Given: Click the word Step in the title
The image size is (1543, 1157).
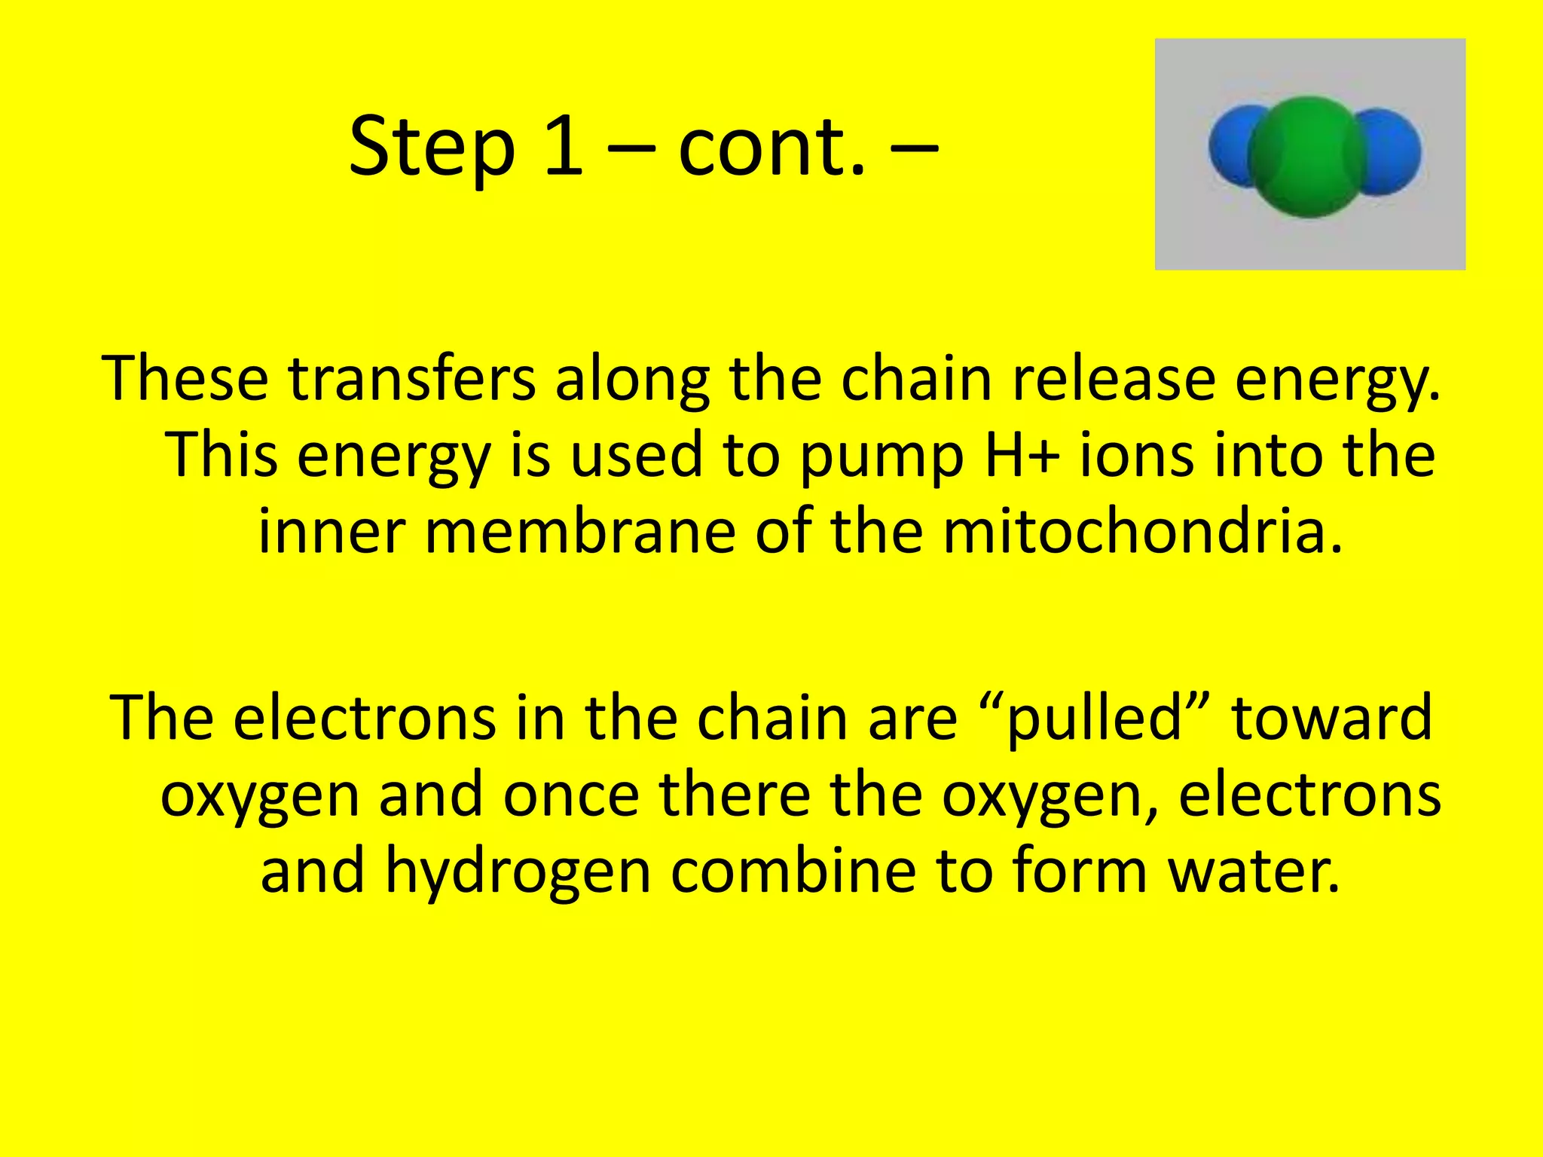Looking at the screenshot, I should tap(432, 147).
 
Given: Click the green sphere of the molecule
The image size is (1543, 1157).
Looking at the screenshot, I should tap(1309, 157).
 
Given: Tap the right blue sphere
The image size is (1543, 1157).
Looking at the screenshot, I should tap(1394, 151).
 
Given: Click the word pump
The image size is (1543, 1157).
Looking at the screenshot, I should tap(881, 456).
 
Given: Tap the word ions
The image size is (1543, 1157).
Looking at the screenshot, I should tap(1137, 455).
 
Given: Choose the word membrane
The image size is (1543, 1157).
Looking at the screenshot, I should tap(580, 532).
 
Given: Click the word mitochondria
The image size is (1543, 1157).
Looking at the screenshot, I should tap(1142, 532).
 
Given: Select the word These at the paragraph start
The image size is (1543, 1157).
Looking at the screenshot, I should tap(185, 378).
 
